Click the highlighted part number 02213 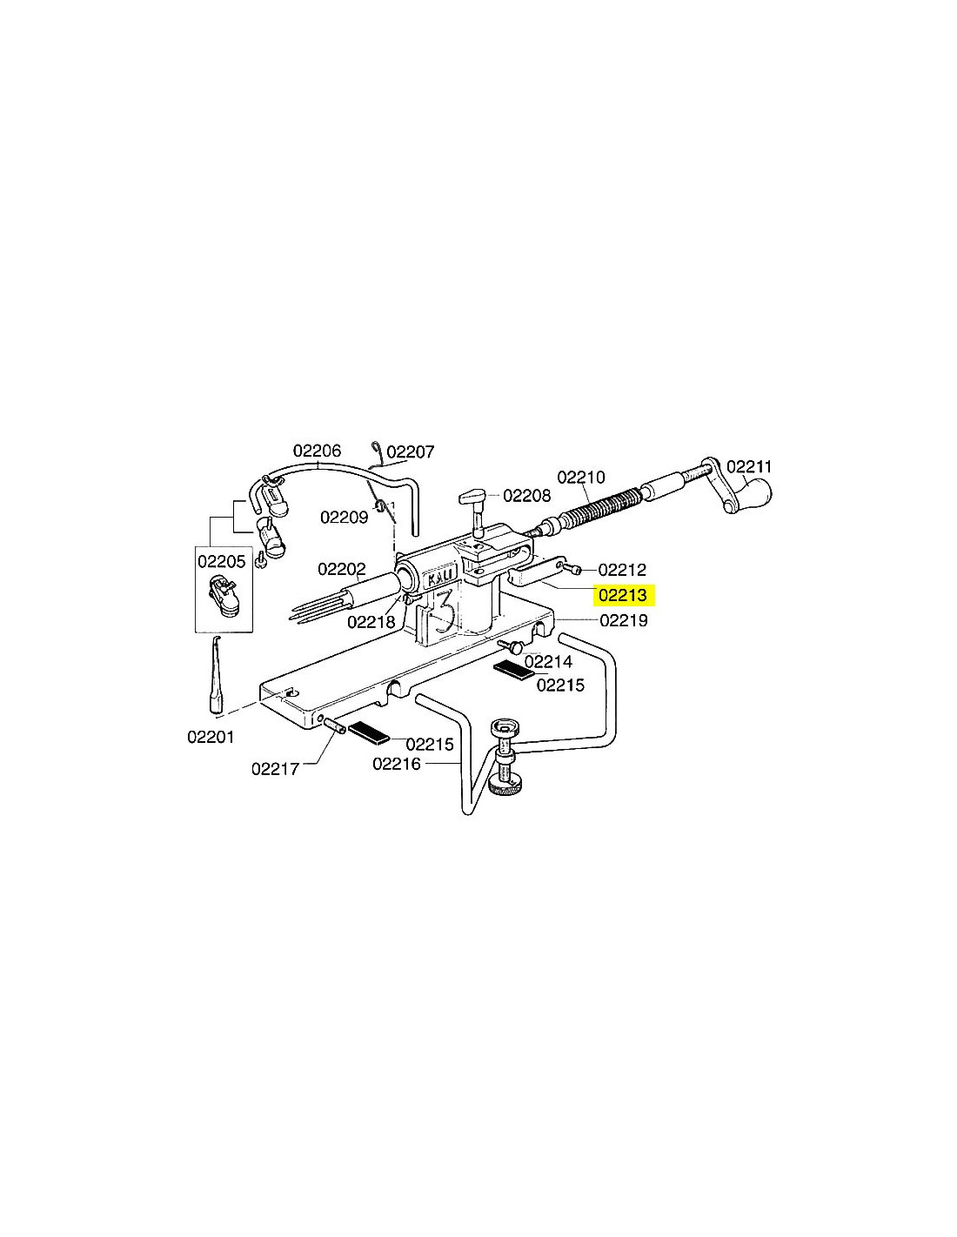coord(623,595)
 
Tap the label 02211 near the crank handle coord(749,467)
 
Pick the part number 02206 coord(317,451)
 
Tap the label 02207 coord(411,452)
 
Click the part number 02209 coord(345,518)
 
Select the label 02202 coord(342,569)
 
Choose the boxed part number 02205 coord(222,561)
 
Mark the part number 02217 coord(276,769)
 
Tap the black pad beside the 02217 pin coord(369,732)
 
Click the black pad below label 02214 coord(513,670)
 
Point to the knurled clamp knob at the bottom coord(505,788)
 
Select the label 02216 coord(397,764)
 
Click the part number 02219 coord(624,620)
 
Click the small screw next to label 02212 coord(574,568)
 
